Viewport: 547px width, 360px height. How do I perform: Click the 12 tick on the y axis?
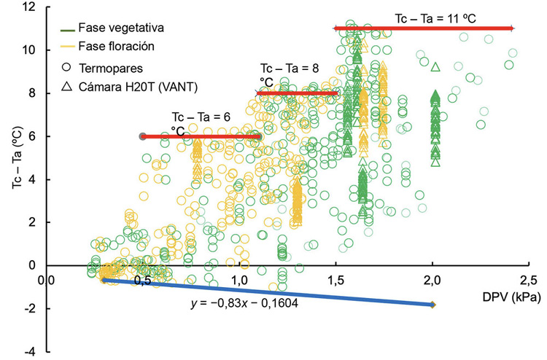point(30,7)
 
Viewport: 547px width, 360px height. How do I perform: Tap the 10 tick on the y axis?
point(30,50)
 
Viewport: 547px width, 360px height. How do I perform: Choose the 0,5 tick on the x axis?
point(143,279)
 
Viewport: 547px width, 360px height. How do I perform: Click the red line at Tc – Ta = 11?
point(423,28)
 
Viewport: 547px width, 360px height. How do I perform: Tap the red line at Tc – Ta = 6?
point(201,136)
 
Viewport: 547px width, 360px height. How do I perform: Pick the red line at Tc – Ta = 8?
point(298,93)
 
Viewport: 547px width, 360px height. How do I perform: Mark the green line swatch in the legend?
point(68,29)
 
